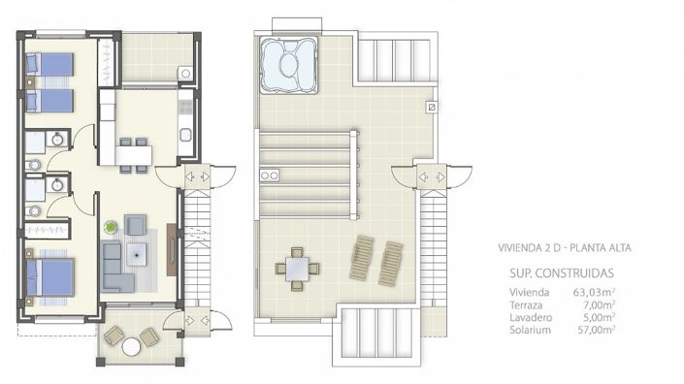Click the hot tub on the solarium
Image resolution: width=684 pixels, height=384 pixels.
[287, 64]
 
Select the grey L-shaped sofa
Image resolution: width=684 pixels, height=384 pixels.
[115, 268]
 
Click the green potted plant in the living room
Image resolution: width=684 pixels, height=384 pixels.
[111, 227]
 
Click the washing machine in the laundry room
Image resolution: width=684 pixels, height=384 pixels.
[184, 73]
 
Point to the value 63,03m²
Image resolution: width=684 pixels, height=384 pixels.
[593, 291]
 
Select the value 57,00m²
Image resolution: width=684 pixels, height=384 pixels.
[593, 329]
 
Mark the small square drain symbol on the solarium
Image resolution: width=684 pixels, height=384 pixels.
[432, 107]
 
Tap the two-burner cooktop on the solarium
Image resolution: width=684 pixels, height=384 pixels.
[271, 176]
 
